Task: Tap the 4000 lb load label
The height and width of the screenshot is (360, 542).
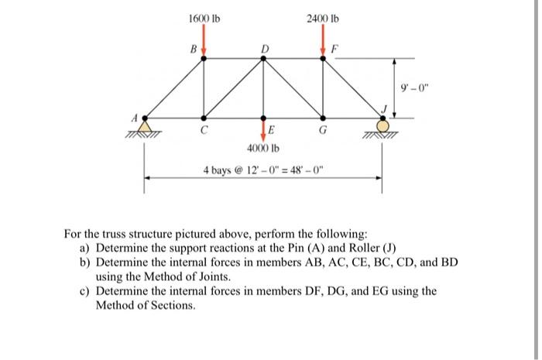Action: [x=262, y=148]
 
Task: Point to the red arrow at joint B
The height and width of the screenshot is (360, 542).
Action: [x=204, y=43]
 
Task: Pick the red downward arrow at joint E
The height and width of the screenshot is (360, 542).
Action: [x=263, y=129]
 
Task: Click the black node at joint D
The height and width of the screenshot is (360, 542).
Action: [x=263, y=59]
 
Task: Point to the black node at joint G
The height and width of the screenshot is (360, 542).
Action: [x=323, y=118]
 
